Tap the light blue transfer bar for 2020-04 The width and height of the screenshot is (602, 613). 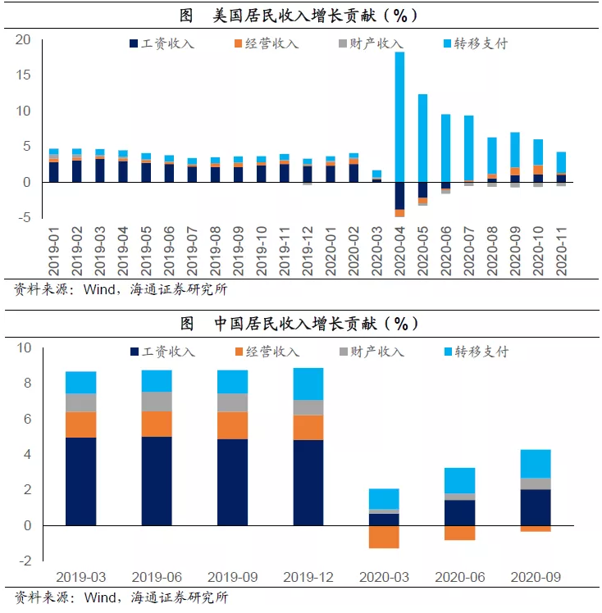(x=399, y=115)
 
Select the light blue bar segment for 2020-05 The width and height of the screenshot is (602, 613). (x=422, y=143)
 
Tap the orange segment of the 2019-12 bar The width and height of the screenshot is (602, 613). (x=308, y=427)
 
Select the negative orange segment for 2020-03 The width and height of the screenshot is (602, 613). (x=384, y=536)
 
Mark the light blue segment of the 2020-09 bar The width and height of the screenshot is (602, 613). (x=536, y=463)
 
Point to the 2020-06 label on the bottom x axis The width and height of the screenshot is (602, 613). (x=460, y=577)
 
